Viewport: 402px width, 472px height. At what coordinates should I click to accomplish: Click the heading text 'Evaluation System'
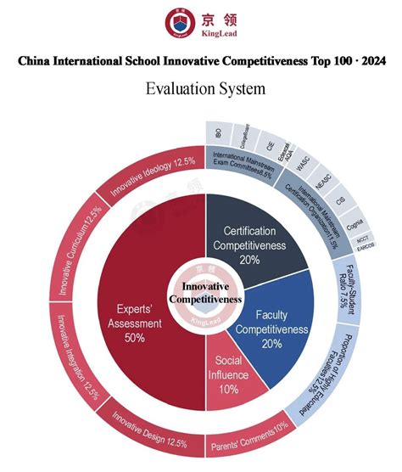click(205, 88)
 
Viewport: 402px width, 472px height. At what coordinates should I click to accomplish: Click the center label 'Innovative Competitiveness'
click(205, 293)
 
